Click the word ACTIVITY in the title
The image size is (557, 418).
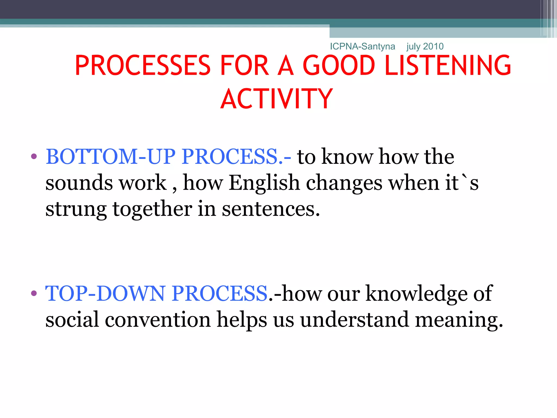coord(277,99)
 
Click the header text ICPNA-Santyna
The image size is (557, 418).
coord(362,47)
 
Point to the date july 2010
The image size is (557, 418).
coord(425,47)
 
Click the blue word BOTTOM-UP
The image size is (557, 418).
coord(110,157)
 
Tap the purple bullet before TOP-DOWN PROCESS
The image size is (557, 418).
coord(34,293)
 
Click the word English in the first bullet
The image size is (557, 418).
coord(264,183)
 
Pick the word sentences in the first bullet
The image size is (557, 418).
coord(271,209)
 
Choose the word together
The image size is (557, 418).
coord(152,209)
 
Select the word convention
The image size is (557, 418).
coord(158,319)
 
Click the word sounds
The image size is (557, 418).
coord(79,183)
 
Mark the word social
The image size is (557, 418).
coord(72,319)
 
